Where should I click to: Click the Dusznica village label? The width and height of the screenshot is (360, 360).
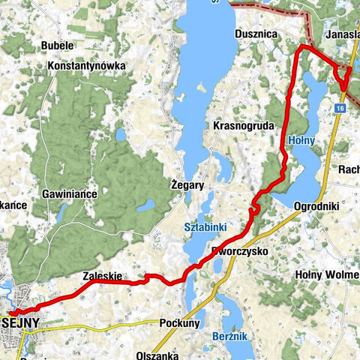(256, 34)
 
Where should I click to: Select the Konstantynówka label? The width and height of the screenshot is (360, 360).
(85, 65)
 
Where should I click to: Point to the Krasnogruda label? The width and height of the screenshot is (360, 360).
(244, 125)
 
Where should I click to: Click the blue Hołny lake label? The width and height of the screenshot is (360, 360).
(301, 139)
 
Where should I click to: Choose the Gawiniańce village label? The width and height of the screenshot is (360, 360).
(72, 193)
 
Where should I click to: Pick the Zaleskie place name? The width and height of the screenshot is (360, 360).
(102, 275)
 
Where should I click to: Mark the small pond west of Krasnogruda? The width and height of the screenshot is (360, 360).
(121, 135)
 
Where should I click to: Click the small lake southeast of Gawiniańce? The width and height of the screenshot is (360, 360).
(147, 204)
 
